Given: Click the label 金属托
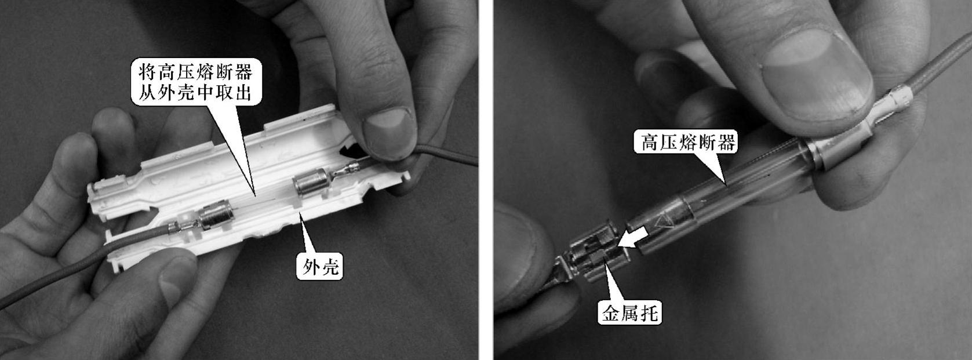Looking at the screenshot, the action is coord(629,312).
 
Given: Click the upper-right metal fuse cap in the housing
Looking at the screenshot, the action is coord(311,183).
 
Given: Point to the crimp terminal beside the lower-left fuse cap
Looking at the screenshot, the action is coord(184,226).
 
